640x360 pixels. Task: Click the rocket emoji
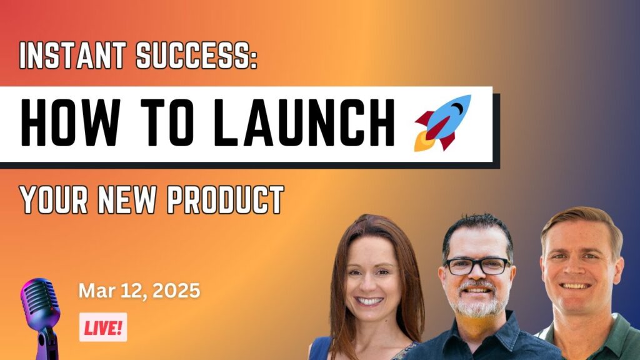pyautogui.click(x=442, y=123)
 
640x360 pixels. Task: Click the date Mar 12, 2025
pyautogui.click(x=139, y=291)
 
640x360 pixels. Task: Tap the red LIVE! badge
pyautogui.click(x=103, y=327)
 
